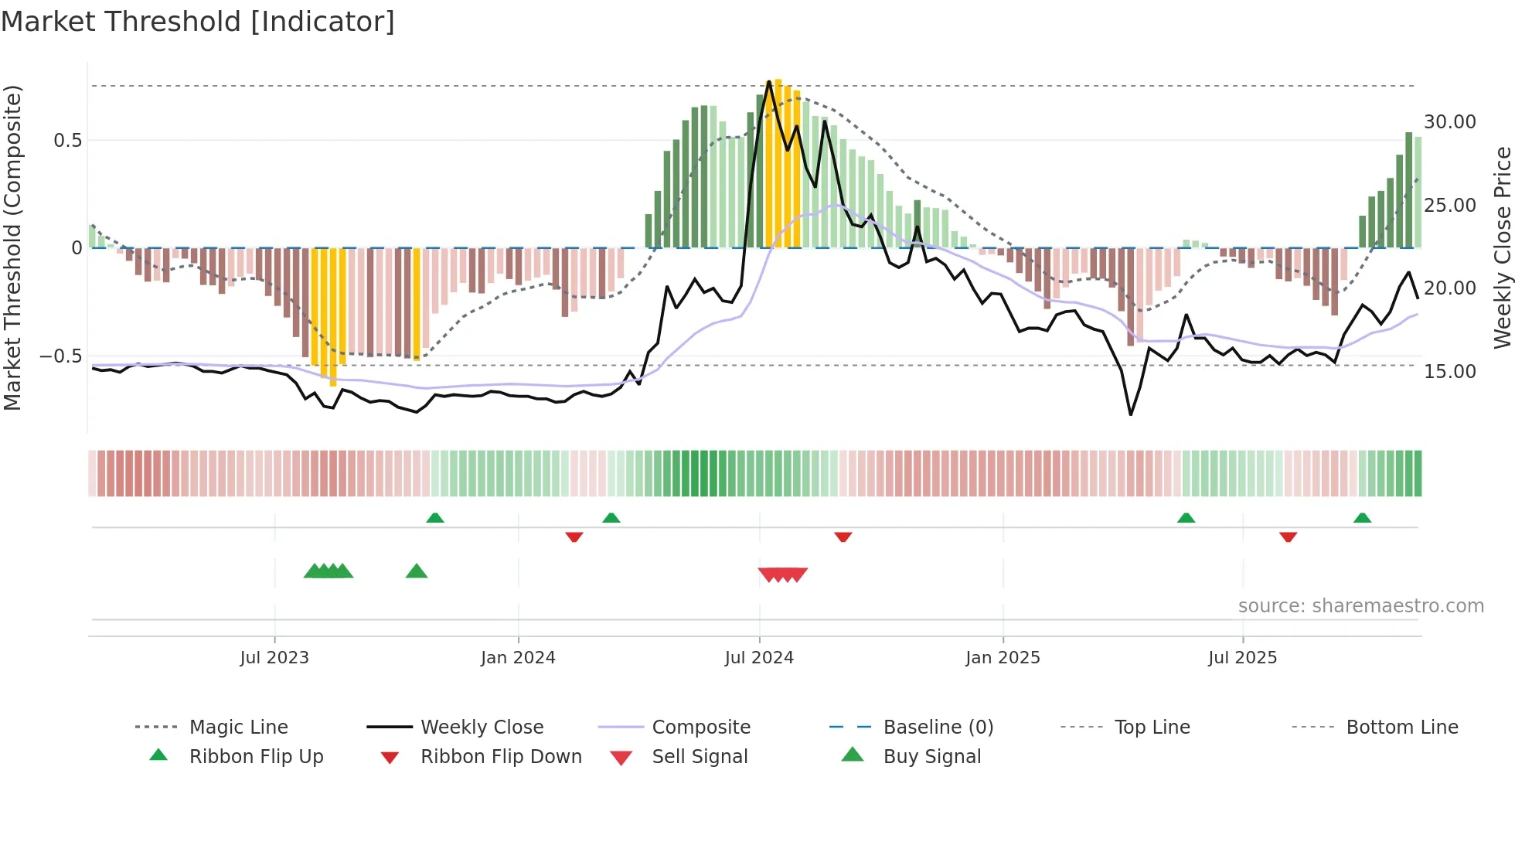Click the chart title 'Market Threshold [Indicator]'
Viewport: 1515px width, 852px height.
[x=198, y=22]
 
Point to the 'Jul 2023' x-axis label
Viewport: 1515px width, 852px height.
[x=274, y=658]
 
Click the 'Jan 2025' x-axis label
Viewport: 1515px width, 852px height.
[x=1003, y=658]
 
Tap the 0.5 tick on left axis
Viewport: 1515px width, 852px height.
[x=67, y=141]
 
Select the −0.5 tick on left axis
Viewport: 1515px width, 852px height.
[x=61, y=356]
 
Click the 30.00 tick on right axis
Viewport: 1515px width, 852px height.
[x=1449, y=122]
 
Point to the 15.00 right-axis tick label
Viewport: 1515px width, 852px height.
[x=1449, y=372]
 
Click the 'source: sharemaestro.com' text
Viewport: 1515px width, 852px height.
[x=1360, y=606]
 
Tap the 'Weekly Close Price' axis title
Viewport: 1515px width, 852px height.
[x=1502, y=247]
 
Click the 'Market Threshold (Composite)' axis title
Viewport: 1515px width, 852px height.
[x=12, y=247]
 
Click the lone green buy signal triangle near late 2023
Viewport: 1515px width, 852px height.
[x=417, y=571]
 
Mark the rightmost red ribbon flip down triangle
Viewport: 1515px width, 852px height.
[x=1288, y=537]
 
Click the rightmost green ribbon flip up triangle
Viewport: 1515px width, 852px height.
[x=1362, y=518]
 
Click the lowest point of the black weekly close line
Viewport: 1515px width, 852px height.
[x=1131, y=414]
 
